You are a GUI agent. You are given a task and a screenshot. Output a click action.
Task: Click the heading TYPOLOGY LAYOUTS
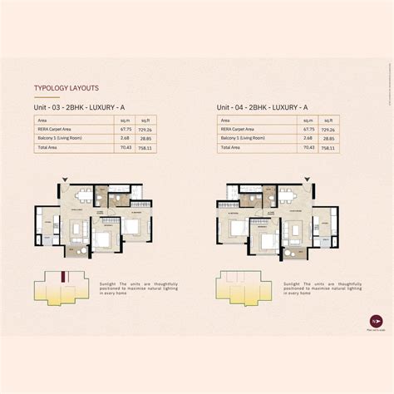coord(66,87)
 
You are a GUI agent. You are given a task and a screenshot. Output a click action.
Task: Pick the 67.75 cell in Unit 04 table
coord(309,130)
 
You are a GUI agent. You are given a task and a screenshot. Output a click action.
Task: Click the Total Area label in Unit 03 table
coord(48,147)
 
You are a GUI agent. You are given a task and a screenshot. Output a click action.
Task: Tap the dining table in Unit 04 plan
coord(286,196)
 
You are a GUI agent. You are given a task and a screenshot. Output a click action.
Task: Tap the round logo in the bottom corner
coord(351,320)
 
